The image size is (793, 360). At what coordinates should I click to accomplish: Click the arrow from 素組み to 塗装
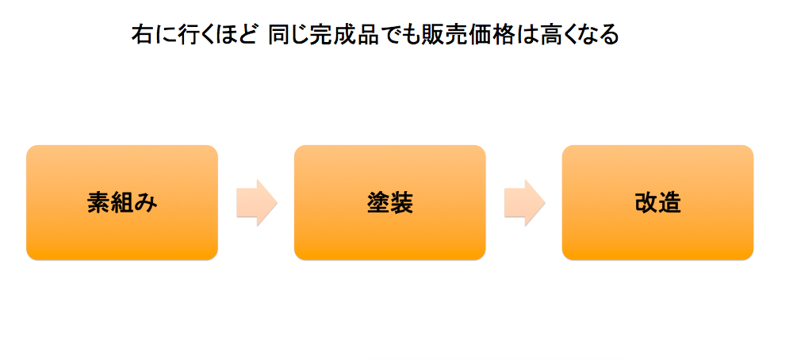pyautogui.click(x=256, y=203)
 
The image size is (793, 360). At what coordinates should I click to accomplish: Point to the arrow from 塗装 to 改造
pyautogui.click(x=524, y=203)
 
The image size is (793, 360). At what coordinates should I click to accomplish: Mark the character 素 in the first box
pyautogui.click(x=98, y=203)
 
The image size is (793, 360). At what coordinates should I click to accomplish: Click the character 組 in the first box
pyautogui.click(x=122, y=203)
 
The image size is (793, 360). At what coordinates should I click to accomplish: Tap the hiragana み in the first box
pyautogui.click(x=146, y=203)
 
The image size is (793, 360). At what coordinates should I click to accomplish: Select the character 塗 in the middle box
pyautogui.click(x=377, y=203)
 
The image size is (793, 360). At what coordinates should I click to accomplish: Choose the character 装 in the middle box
pyautogui.click(x=401, y=203)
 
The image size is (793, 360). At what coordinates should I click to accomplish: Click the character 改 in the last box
pyautogui.click(x=646, y=203)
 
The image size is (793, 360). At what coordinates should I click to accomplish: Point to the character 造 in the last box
pyautogui.click(x=670, y=203)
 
